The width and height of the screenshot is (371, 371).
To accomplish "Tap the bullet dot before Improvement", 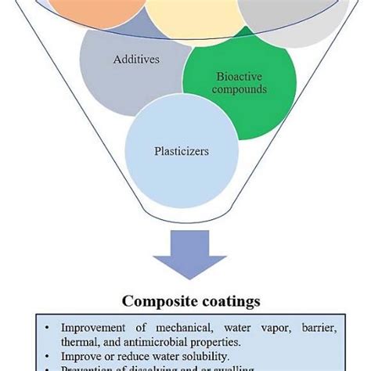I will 49,325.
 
